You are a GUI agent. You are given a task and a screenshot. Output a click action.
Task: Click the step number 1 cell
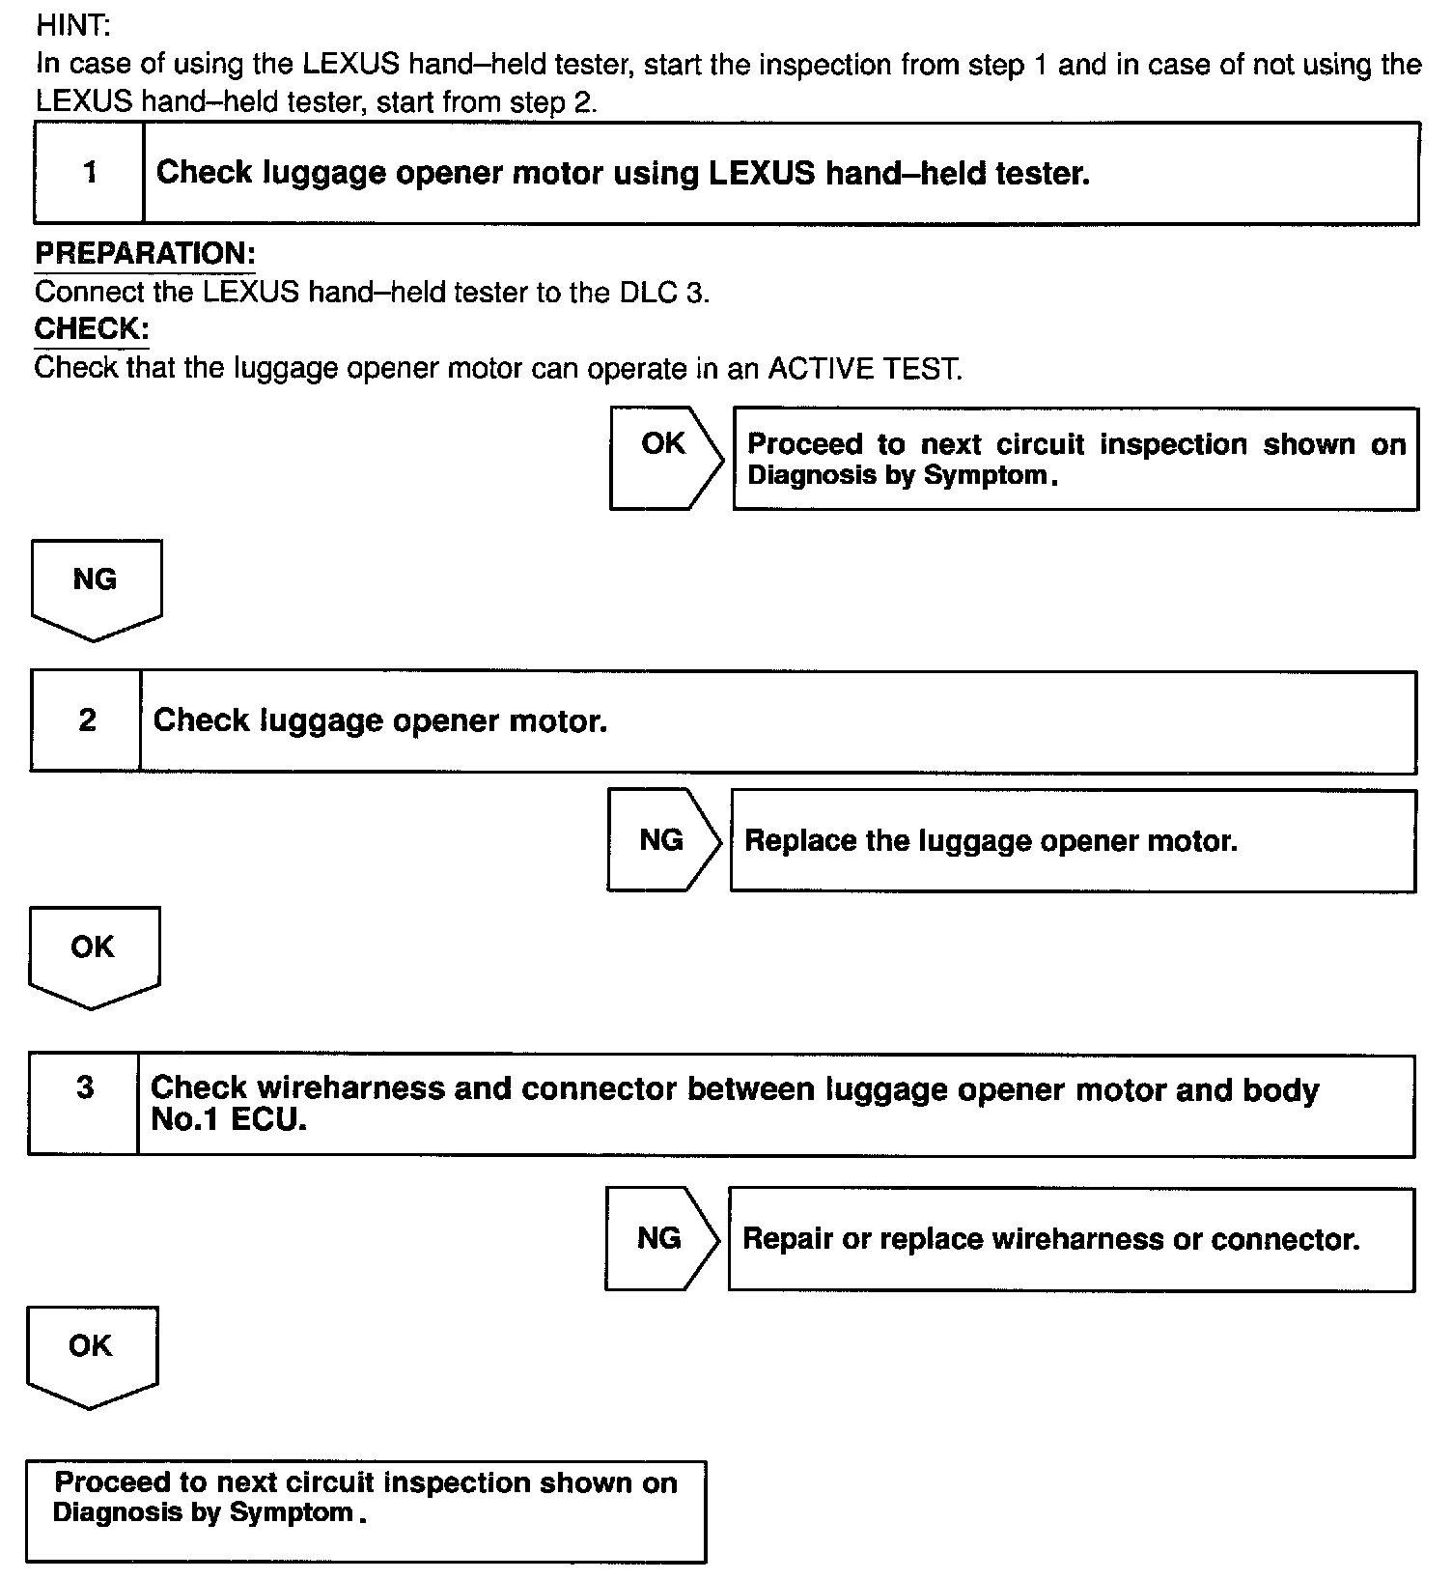point(90,173)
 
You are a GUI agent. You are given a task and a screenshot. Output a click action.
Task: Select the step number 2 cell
point(87,720)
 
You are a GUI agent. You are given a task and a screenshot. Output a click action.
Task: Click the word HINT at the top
point(73,26)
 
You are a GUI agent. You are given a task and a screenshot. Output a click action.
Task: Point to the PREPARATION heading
point(145,254)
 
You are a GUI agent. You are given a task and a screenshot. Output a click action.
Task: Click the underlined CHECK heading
point(92,329)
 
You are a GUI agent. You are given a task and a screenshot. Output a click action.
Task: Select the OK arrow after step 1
point(665,458)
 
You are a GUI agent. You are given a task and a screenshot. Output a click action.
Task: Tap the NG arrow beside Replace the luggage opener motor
point(663,840)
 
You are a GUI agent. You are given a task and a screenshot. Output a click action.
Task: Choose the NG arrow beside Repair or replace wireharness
point(661,1239)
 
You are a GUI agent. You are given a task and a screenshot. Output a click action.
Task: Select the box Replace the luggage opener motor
point(1072,841)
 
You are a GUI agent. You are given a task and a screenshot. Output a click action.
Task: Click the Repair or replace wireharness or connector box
point(1070,1240)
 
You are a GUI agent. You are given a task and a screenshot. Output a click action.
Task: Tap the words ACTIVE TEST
point(864,369)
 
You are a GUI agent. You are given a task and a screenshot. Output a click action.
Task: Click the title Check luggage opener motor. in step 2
point(380,721)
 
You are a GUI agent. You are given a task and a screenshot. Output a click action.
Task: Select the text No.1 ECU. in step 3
point(229,1120)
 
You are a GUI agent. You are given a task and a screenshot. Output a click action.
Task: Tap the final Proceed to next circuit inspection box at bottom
point(365,1511)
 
